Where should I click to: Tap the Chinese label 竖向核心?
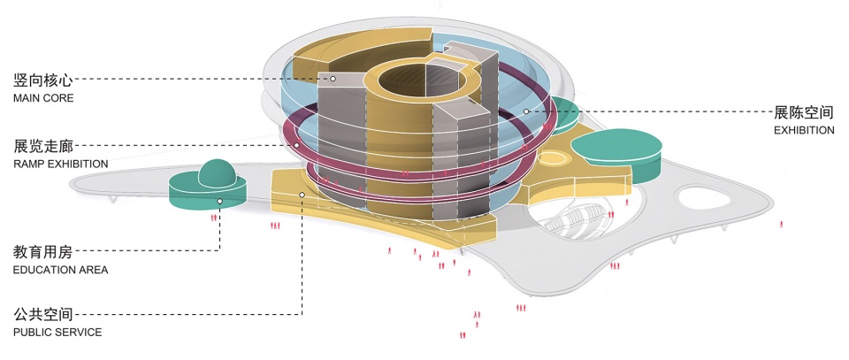point(42,80)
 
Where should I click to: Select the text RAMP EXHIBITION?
point(61,164)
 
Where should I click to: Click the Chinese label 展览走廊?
point(42,145)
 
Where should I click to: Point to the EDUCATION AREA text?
point(61,269)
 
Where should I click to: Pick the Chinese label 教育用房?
point(42,251)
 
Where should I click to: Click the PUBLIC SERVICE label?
point(57,333)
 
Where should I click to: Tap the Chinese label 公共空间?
point(42,314)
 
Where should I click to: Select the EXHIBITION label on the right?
point(804,130)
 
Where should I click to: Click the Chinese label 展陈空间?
point(804,112)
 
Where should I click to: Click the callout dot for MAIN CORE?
point(333,79)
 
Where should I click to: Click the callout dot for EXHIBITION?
point(527,111)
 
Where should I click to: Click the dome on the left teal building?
point(218,172)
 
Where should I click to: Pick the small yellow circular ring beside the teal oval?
point(553,158)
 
